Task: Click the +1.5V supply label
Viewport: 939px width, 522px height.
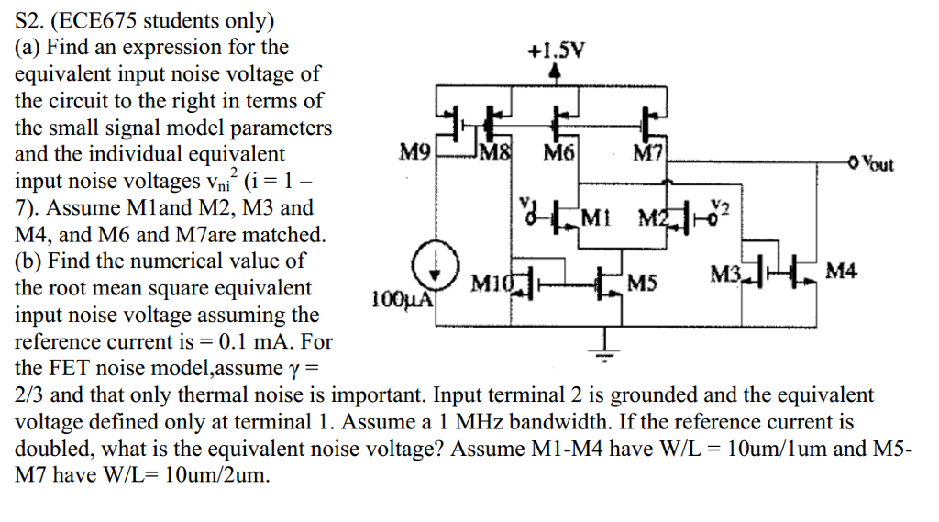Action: click(x=558, y=52)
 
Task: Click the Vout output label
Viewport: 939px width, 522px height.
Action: click(x=878, y=165)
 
